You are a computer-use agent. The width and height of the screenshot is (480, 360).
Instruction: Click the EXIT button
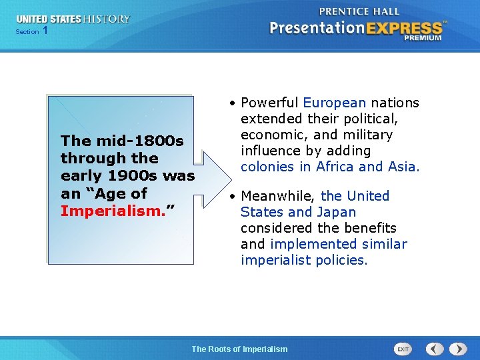[x=403, y=349]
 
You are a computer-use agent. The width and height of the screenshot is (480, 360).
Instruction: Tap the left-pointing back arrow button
[x=435, y=349]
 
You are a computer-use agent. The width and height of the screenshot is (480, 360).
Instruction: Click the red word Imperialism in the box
[x=114, y=211]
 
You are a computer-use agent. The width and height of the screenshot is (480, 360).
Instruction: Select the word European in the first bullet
[x=334, y=103]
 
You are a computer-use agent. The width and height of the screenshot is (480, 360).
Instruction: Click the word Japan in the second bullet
[x=337, y=212]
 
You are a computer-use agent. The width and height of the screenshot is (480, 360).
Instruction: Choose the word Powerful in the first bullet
[x=269, y=103]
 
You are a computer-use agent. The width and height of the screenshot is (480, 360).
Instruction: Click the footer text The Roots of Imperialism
[x=239, y=349]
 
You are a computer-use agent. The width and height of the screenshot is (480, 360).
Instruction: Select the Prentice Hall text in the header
[x=360, y=11]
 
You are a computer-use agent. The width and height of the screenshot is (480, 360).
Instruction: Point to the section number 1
[x=45, y=31]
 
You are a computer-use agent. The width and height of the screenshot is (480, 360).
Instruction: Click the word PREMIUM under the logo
[x=422, y=39]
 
